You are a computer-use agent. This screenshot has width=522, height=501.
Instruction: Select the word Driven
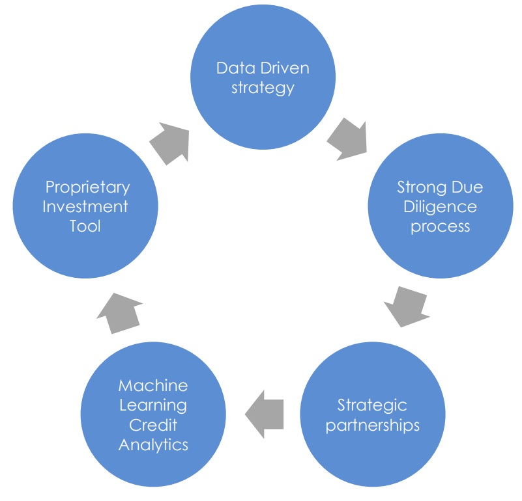point(285,68)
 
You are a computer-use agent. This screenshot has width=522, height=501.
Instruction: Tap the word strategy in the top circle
point(263,88)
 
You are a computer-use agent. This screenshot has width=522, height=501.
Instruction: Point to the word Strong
point(422,187)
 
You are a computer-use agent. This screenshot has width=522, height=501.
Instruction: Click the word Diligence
point(440,207)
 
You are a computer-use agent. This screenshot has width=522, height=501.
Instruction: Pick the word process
point(440,227)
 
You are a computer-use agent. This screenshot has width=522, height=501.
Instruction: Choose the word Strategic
point(372,405)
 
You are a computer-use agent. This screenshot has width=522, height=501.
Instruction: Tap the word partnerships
point(373,426)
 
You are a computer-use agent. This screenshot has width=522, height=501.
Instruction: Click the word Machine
point(153,386)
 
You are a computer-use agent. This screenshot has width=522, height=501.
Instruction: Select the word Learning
point(153,405)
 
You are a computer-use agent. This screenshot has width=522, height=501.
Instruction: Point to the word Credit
point(153,426)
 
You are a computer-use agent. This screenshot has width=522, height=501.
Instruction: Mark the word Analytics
point(153,445)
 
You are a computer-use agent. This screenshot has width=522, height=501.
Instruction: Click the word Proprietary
point(87,187)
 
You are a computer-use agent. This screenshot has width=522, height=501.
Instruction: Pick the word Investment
point(85,207)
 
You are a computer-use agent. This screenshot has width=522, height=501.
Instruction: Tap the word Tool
point(85,226)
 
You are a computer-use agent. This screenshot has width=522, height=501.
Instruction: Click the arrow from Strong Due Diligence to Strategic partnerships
point(407,306)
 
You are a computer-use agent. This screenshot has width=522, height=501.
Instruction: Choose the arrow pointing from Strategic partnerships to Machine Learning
point(265,414)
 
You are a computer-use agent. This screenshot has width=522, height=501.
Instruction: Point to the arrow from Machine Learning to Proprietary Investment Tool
point(120,313)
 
